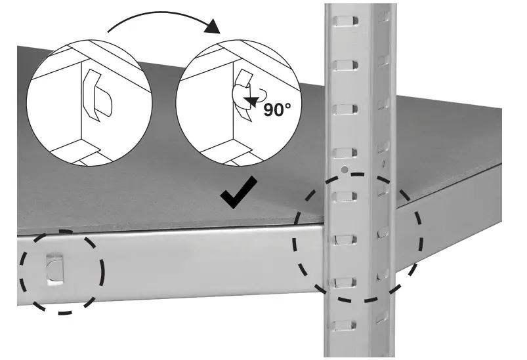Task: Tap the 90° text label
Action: pyautogui.click(x=276, y=109)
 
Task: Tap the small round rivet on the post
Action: pyautogui.click(x=345, y=170)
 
